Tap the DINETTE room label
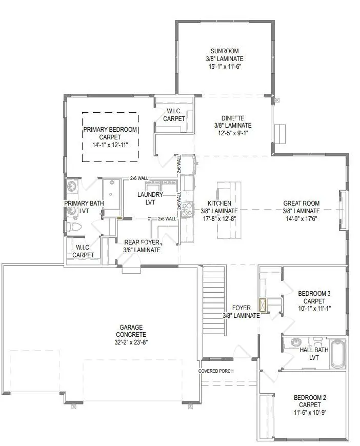pos(233,117)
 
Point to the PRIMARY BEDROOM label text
pos(110,130)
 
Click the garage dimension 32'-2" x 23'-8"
pos(131,342)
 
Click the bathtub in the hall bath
pos(337,353)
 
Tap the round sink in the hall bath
pos(296,342)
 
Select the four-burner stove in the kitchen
pos(187,209)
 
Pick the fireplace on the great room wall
pos(343,210)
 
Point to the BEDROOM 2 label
pos(310,397)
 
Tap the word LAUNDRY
pos(150,195)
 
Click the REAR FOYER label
pos(142,242)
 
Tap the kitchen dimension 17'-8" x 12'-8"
pos(219,218)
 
